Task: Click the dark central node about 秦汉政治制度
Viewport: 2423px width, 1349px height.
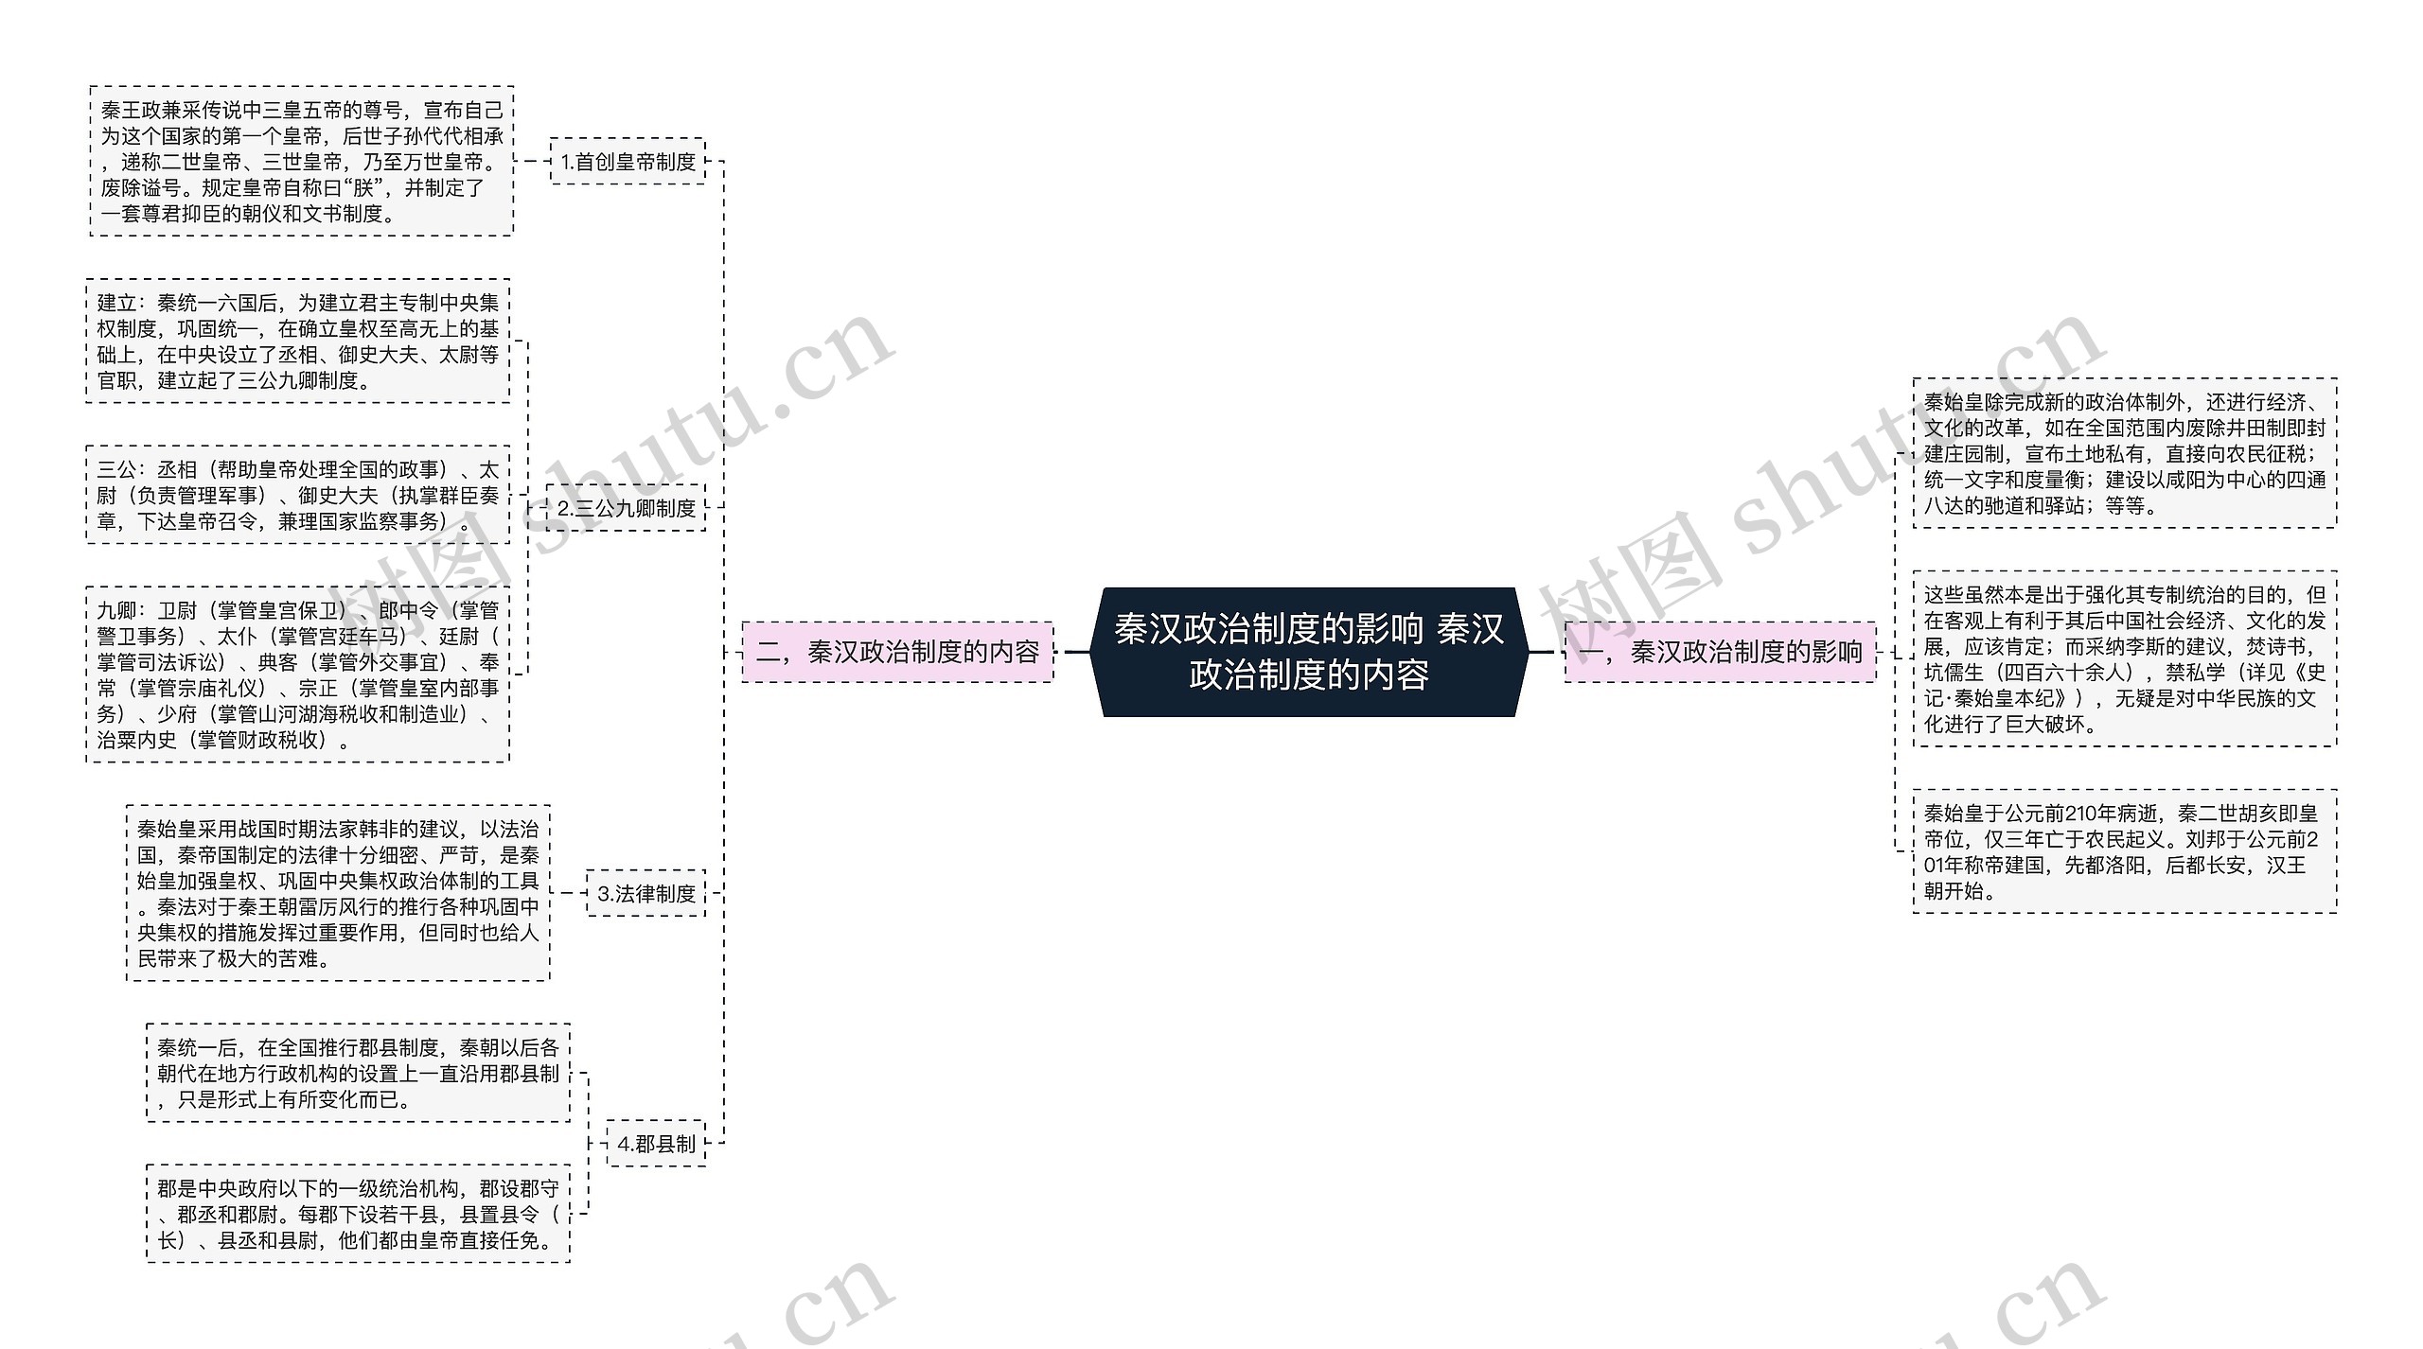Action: (1309, 652)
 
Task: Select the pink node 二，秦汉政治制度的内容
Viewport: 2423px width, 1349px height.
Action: (897, 652)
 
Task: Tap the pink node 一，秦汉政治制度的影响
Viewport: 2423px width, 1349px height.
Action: (1720, 652)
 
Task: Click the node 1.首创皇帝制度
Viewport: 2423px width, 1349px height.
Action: (628, 162)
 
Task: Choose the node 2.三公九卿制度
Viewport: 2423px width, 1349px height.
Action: (626, 508)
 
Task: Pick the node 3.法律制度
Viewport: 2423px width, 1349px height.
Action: (646, 894)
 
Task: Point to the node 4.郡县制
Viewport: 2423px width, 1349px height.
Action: (656, 1144)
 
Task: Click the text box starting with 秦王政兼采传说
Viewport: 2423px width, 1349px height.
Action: (302, 162)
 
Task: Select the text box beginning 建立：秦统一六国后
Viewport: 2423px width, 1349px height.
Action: (298, 342)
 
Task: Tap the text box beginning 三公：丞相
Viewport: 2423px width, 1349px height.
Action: (298, 495)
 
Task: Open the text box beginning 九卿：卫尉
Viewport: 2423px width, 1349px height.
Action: (298, 674)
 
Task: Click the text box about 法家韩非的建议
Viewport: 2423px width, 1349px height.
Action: (338, 894)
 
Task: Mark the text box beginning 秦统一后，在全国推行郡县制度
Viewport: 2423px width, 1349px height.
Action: (358, 1074)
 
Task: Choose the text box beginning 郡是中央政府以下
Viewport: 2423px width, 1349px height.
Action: (358, 1214)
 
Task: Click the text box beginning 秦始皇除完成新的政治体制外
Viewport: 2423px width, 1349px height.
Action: (2125, 453)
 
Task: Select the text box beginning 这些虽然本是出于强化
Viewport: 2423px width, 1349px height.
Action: (2125, 659)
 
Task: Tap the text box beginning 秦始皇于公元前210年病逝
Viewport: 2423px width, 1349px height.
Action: (2125, 851)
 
